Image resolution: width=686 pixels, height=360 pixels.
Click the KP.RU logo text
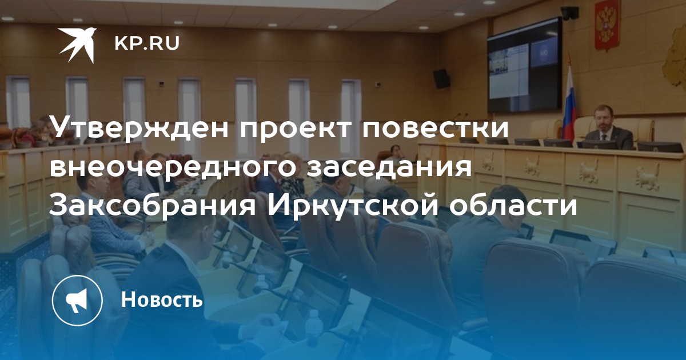click(147, 43)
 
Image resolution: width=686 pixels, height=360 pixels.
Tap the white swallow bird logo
click(77, 45)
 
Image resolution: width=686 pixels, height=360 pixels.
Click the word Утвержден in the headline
click(139, 127)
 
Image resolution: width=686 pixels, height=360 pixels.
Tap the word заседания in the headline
click(389, 167)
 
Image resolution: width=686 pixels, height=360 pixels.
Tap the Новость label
click(162, 299)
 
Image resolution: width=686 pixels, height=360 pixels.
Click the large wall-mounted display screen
click(525, 65)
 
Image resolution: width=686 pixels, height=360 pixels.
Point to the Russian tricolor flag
click(569, 101)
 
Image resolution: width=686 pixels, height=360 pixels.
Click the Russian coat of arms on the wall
click(607, 26)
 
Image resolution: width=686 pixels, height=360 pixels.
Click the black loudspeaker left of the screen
click(441, 79)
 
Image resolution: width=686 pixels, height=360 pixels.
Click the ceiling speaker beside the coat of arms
click(569, 13)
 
